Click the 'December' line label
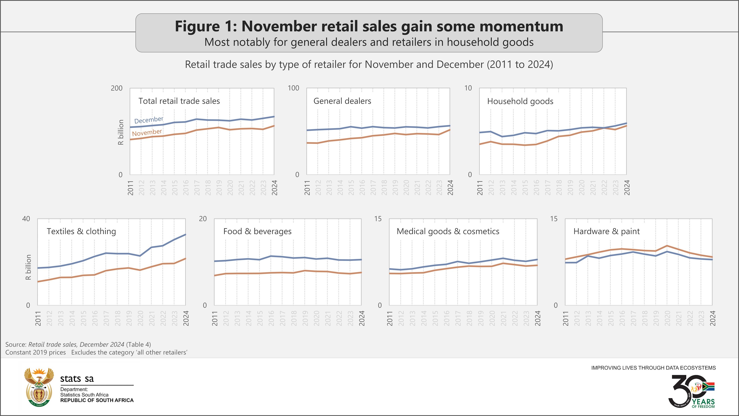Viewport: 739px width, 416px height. pos(149,120)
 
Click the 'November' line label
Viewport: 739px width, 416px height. pos(147,133)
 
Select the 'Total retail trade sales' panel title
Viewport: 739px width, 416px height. pos(179,101)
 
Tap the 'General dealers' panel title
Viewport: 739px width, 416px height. pos(342,101)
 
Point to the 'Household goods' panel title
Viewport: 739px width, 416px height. pos(520,101)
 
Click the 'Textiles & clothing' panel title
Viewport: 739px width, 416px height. pos(81,231)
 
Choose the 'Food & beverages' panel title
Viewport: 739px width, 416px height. pos(257,231)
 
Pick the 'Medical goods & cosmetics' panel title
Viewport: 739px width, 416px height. pos(448,231)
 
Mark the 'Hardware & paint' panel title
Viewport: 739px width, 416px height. pos(606,231)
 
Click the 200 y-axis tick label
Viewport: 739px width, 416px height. pos(117,88)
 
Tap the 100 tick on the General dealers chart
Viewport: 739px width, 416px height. pos(293,88)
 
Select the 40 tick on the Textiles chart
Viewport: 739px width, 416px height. pos(26,219)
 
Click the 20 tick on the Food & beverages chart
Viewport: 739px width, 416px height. pos(203,219)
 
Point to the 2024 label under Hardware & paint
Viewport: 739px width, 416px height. pos(713,318)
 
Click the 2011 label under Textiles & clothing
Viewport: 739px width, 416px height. pos(38,318)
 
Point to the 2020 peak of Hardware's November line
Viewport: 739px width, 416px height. pos(667,246)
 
